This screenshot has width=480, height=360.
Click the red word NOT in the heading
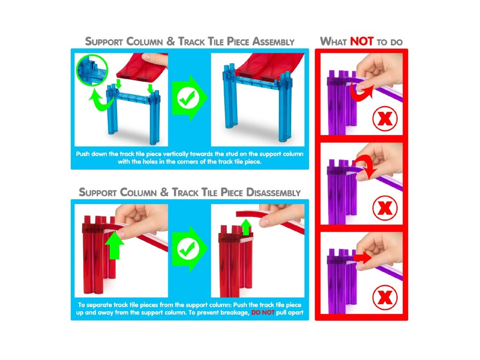tap(361, 41)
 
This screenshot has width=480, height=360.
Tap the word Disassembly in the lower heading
tap(273, 192)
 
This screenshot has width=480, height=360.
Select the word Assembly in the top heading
tap(273, 41)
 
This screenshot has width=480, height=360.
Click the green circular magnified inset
tap(92, 70)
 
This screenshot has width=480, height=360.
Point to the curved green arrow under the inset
tap(102, 101)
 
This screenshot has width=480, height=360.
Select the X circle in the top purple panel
tap(385, 119)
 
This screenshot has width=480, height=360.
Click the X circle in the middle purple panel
tap(385, 208)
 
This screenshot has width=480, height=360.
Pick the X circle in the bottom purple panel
tap(385, 297)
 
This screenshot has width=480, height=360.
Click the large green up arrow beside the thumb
tap(114, 245)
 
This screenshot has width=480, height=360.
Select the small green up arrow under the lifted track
tap(246, 227)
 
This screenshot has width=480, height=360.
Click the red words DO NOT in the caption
tap(262, 313)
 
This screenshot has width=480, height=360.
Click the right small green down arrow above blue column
tap(150, 88)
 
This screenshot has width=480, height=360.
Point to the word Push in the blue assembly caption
tap(82, 154)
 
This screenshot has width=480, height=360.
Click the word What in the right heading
tap(333, 41)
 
